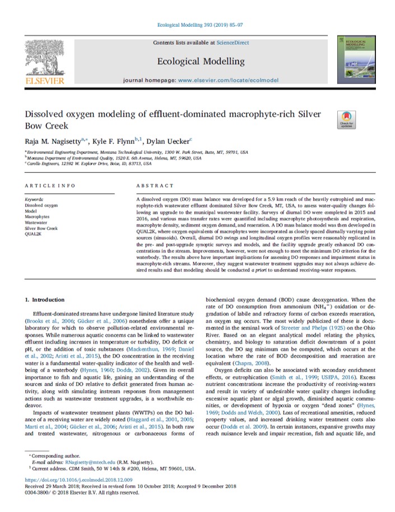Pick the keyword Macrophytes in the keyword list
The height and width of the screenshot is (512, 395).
[x=38, y=216]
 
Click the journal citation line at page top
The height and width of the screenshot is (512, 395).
[x=200, y=25]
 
